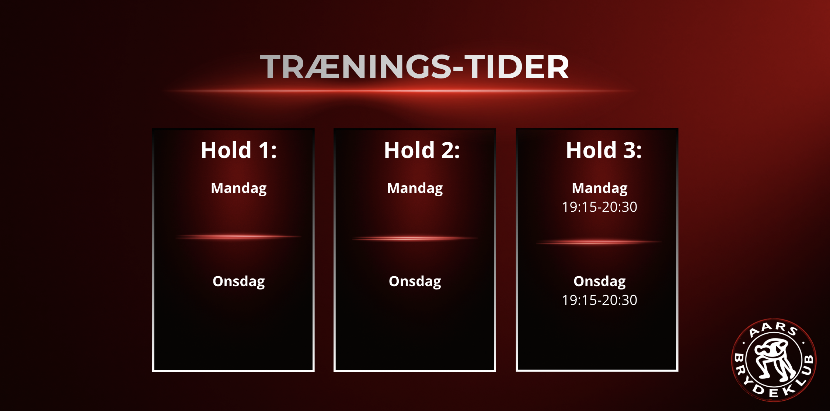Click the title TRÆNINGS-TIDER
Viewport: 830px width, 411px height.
415,67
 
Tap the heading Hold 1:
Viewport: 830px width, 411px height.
239,150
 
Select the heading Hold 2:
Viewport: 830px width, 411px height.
422,150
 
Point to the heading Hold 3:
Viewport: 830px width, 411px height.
604,150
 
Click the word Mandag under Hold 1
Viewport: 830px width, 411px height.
239,189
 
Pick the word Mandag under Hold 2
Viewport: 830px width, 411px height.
415,189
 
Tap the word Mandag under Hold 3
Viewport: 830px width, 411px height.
600,189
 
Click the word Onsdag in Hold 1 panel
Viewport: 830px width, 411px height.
239,282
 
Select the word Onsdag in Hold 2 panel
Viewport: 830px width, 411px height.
415,282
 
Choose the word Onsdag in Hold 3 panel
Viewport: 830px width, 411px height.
600,282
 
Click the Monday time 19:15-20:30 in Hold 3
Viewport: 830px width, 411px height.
600,207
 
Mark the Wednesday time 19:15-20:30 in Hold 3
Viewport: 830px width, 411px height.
600,300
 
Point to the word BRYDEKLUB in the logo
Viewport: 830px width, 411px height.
774,383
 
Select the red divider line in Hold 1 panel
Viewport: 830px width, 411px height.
239,237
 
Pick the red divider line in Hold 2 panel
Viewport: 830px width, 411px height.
415,238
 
